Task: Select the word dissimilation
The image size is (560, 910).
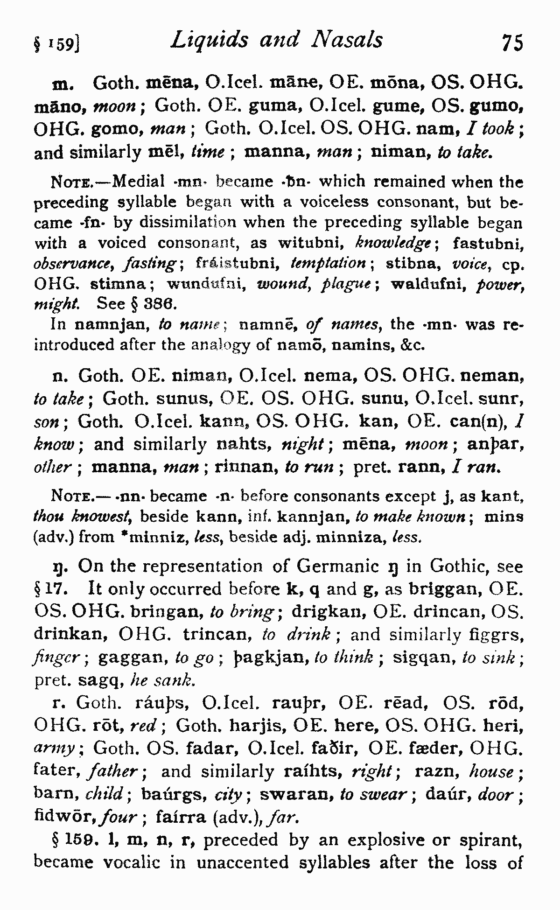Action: click(178, 223)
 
